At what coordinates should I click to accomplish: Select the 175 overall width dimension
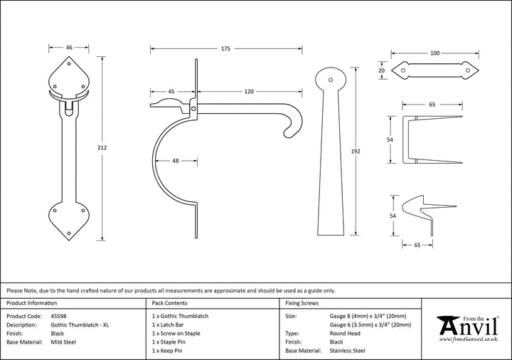[225, 49]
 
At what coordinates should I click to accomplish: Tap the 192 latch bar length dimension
[356, 151]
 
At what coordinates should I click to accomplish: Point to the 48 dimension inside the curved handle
[175, 161]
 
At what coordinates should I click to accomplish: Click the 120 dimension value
[249, 92]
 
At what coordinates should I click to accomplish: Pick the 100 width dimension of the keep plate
[435, 53]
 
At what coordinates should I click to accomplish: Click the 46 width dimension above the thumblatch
[69, 48]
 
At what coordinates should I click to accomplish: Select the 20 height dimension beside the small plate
[381, 71]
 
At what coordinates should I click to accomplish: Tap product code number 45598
[60, 315]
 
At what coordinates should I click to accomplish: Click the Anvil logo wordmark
[466, 327]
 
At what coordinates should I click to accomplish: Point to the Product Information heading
[33, 303]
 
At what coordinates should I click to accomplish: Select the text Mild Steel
[65, 342]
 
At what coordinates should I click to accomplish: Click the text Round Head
[345, 333]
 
